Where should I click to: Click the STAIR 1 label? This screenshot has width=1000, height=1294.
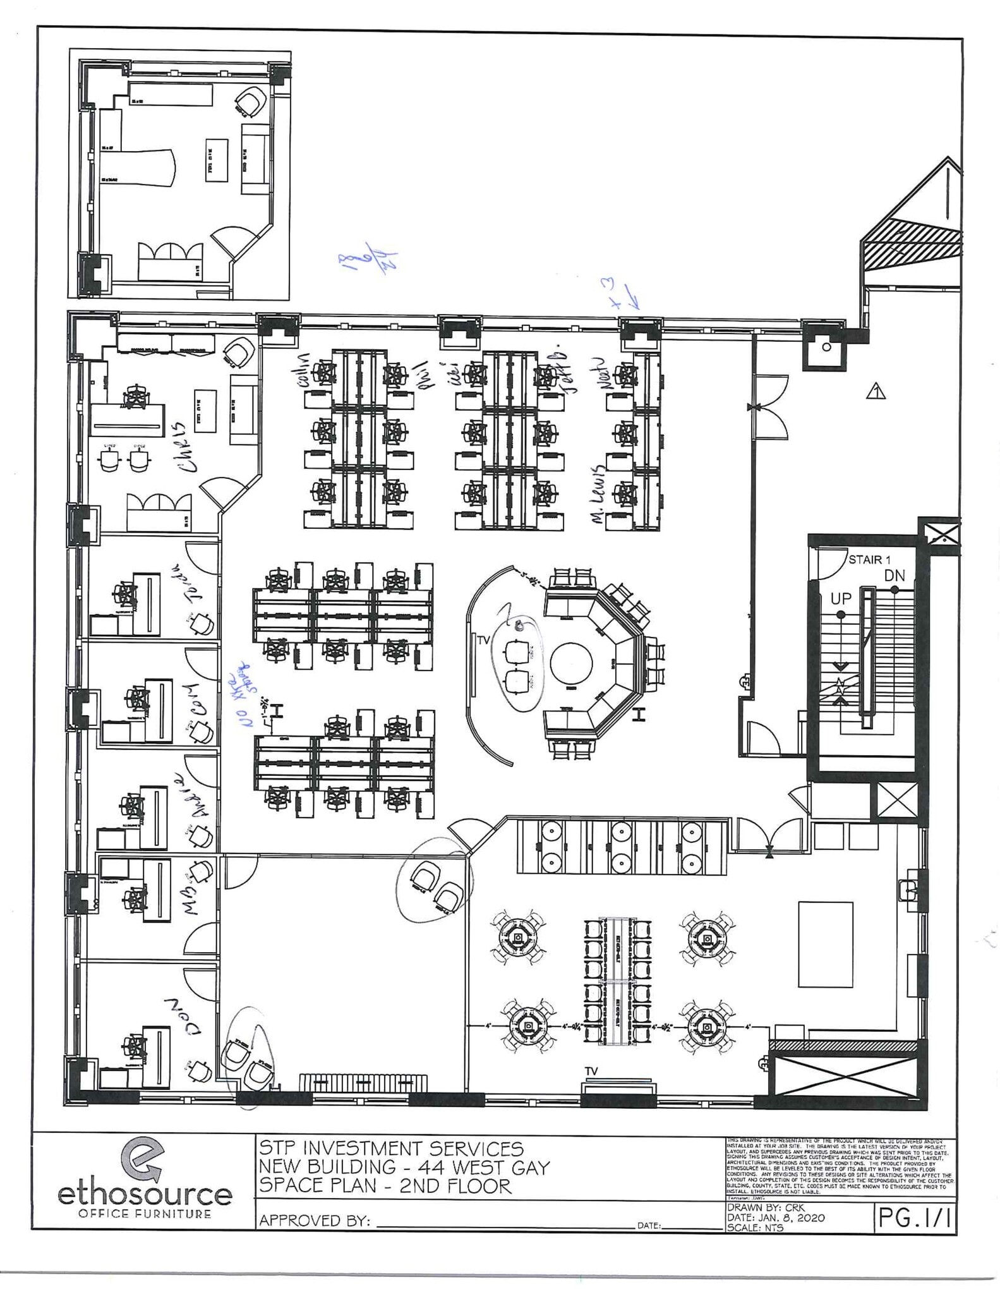coord(869,559)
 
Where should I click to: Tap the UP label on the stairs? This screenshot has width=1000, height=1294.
coord(841,597)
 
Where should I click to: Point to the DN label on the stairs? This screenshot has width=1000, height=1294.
coord(894,575)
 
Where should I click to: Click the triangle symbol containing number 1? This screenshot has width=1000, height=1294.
coord(876,392)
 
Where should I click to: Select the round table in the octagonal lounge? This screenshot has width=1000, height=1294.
coord(570,663)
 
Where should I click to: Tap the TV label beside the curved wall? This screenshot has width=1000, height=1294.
coord(483,640)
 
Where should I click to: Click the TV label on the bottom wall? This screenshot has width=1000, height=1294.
coord(591,1071)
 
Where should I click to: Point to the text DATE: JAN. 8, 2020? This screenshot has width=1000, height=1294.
coord(776,1218)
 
